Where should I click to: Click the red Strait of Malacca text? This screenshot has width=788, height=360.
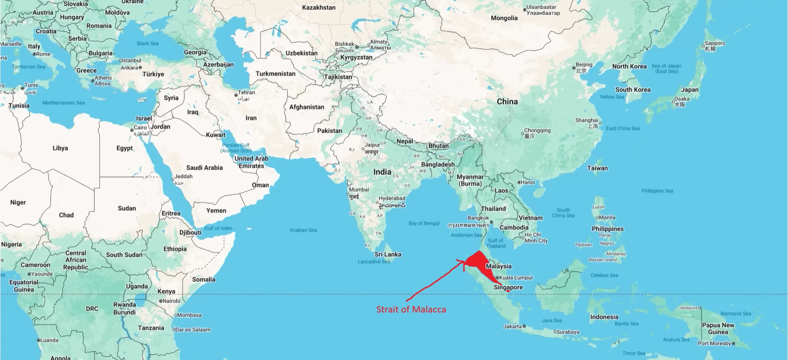pyautogui.click(x=411, y=309)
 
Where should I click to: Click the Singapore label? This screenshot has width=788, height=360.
pyautogui.click(x=508, y=287)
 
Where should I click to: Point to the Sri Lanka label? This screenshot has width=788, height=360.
pyautogui.click(x=388, y=254)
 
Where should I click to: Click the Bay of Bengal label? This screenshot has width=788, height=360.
pyautogui.click(x=424, y=223)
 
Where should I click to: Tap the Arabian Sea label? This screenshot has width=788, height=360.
pyautogui.click(x=303, y=230)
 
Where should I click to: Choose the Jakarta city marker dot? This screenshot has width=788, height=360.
pyautogui.click(x=524, y=326)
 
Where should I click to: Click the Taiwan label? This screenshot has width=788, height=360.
pyautogui.click(x=597, y=168)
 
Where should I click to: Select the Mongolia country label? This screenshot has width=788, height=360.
pyautogui.click(x=504, y=18)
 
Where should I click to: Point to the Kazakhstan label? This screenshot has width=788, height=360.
pyautogui.click(x=319, y=7)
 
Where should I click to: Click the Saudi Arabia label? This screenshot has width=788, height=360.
pyautogui.click(x=204, y=168)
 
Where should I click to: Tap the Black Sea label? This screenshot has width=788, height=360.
pyautogui.click(x=148, y=43)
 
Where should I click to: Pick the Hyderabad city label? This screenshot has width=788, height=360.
pyautogui.click(x=391, y=198)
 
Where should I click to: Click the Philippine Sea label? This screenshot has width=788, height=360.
pyautogui.click(x=657, y=191)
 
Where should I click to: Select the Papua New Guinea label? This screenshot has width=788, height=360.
pyautogui.click(x=718, y=328)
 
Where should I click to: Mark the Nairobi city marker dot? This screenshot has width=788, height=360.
pyautogui.click(x=160, y=301)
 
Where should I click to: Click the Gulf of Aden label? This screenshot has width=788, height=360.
pyautogui.click(x=218, y=228)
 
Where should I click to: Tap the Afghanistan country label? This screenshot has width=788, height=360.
pyautogui.click(x=307, y=107)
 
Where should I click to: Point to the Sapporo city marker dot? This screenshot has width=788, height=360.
pyautogui.click(x=703, y=46)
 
